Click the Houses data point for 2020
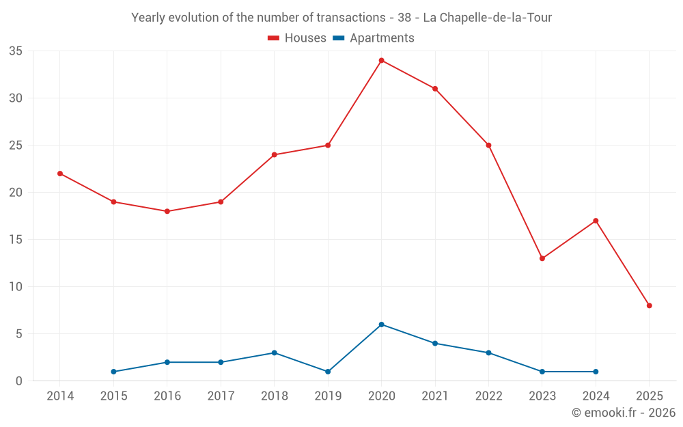pyautogui.click(x=381, y=60)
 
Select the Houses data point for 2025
pyautogui.click(x=649, y=305)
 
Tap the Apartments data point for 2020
pyautogui.click(x=381, y=325)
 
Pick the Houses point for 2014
pyautogui.click(x=60, y=174)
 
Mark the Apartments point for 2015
pyautogui.click(x=113, y=372)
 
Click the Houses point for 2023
pyautogui.click(x=542, y=258)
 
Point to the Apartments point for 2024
pyautogui.click(x=596, y=372)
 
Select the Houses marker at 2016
pyautogui.click(x=167, y=211)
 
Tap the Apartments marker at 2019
pyautogui.click(x=328, y=372)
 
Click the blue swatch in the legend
pyautogui.click(x=337, y=38)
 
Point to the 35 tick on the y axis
pyautogui.click(x=16, y=51)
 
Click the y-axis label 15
pyautogui.click(x=16, y=240)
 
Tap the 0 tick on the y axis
pyautogui.click(x=19, y=381)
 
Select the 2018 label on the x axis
pyautogui.click(x=274, y=396)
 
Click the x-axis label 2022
pyautogui.click(x=488, y=396)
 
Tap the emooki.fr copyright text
pyautogui.click(x=623, y=413)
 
